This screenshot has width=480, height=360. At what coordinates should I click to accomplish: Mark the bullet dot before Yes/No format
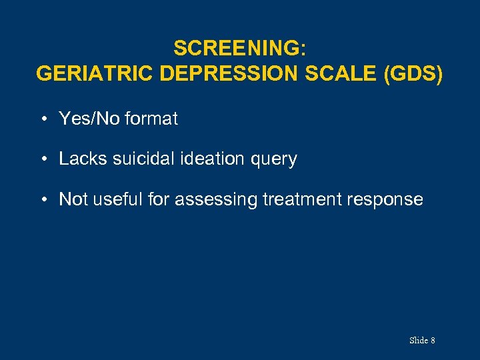click(x=42, y=120)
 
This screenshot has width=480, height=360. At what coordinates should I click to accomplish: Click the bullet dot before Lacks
click(x=42, y=160)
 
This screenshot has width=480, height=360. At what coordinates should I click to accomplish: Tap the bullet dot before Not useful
click(x=42, y=200)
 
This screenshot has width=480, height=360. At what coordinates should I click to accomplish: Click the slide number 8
click(x=433, y=341)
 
